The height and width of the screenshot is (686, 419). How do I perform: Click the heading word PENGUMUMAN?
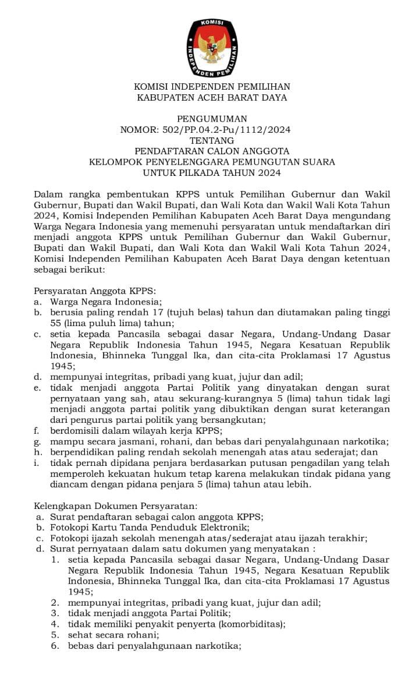click(212, 119)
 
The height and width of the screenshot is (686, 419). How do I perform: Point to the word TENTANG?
click(212, 140)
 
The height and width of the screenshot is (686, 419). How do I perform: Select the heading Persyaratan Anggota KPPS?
click(95, 291)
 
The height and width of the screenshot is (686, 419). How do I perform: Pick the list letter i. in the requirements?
click(37, 463)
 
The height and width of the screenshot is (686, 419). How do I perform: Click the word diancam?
click(68, 484)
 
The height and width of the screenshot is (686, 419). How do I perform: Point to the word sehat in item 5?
click(79, 635)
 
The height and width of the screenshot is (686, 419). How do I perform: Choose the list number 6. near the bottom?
click(55, 646)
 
